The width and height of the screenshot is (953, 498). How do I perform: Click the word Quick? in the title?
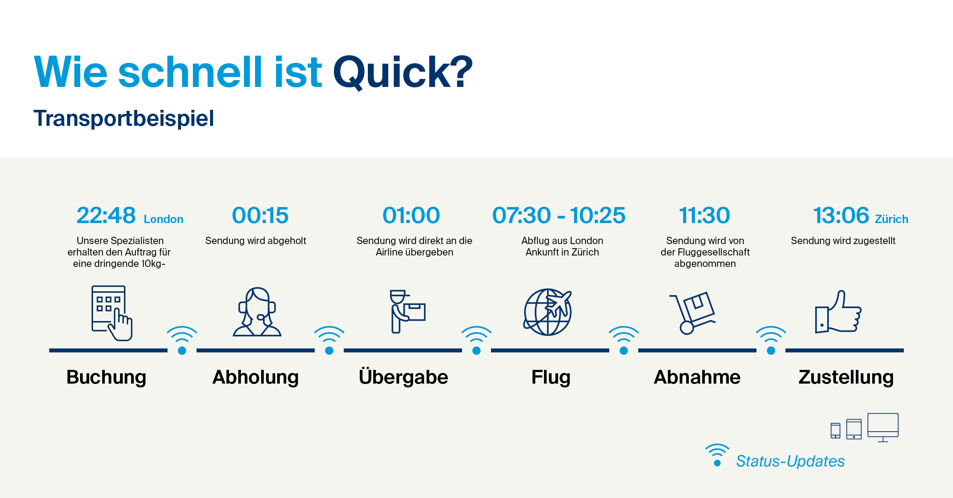403,72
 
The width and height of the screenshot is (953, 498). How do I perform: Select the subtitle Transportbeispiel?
124,119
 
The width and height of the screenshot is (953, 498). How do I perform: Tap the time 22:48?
106,215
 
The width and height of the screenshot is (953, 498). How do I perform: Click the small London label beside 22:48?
164,219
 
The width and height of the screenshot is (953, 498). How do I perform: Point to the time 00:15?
260,215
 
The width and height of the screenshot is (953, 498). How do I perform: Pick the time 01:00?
411,215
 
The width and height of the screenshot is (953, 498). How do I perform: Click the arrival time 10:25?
598,215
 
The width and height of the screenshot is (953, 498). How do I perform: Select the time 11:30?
704,215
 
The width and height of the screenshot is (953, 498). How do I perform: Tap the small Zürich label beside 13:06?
892,219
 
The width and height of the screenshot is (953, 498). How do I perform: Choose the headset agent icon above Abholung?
257,312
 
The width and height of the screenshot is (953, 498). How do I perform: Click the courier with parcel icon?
407,312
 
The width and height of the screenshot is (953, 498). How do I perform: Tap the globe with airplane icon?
548,312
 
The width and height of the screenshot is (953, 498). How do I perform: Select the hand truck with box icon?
692,313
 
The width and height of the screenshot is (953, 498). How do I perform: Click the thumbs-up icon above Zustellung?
838,312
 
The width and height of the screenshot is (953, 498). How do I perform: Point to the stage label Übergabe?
403,377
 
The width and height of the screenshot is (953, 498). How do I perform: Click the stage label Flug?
551,377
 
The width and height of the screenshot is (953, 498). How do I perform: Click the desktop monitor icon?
883,427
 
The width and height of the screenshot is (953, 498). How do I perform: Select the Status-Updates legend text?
790,461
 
